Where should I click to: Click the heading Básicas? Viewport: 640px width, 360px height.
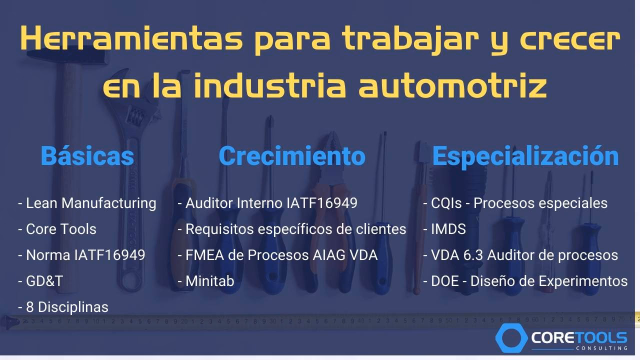[87, 155]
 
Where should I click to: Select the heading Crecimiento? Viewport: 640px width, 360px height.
[292, 155]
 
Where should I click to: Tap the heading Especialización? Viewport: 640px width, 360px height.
[525, 155]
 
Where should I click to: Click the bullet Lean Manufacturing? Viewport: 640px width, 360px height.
[87, 203]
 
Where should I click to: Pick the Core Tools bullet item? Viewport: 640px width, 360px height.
[57, 229]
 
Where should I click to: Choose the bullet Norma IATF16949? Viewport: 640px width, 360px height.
[82, 255]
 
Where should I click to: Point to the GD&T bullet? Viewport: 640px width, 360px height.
[41, 281]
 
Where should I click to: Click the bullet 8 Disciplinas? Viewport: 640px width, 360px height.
[63, 306]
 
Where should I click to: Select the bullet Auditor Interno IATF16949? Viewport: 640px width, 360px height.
[267, 203]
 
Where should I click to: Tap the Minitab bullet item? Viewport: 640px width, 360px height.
[206, 281]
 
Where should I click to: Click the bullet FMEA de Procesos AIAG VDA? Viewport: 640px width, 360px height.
[277, 255]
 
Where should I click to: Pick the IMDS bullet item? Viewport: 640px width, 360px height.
[444, 229]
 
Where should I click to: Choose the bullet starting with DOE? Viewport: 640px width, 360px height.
[525, 281]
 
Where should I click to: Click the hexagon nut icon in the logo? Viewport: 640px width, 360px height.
[511, 337]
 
